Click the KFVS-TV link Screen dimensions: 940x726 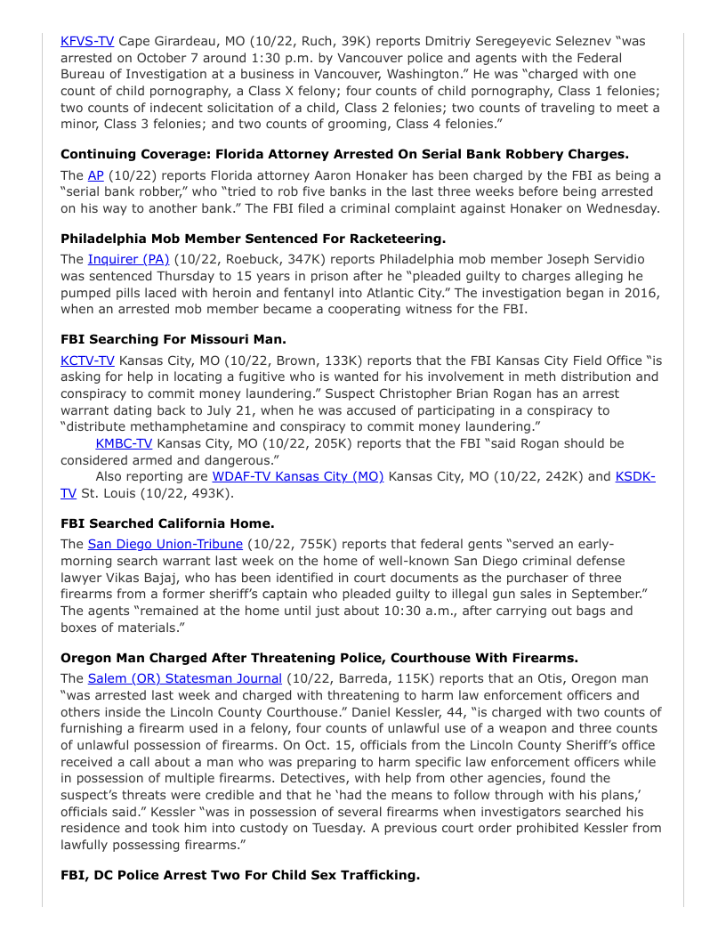(87, 41)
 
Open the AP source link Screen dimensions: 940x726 (96, 175)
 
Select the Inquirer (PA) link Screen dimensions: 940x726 (128, 259)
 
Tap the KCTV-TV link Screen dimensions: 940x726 (87, 361)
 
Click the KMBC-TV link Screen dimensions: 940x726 (124, 443)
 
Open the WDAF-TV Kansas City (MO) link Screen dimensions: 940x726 (297, 476)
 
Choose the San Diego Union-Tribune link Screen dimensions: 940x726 (165, 544)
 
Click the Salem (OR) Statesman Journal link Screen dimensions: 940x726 (184, 678)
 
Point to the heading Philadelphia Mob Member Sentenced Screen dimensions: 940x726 (253, 239)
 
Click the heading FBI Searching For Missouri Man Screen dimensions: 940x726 (173, 339)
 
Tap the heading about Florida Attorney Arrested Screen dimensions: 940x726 (344, 154)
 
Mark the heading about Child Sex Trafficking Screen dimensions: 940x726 (240, 875)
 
